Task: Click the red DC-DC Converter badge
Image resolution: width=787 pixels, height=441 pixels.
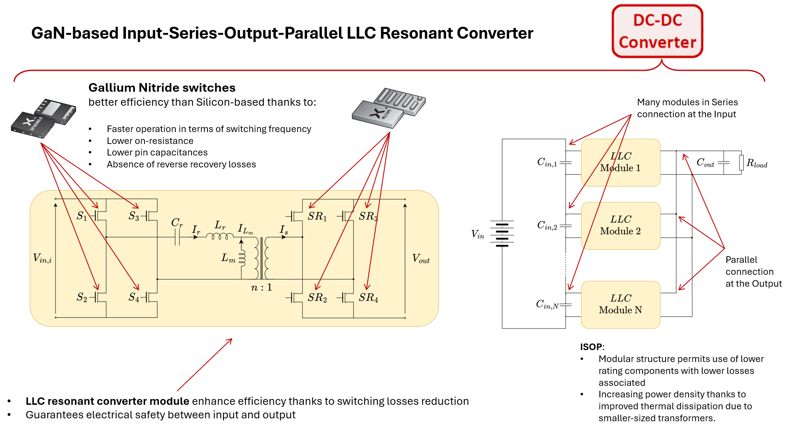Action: click(657, 31)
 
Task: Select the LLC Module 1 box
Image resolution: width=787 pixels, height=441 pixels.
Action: click(620, 162)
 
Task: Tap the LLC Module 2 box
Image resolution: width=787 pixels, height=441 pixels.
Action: click(620, 225)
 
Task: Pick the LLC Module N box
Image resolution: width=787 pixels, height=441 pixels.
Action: click(620, 304)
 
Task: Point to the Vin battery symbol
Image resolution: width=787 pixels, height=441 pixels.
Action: click(502, 234)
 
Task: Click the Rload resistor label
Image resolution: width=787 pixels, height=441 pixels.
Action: click(757, 163)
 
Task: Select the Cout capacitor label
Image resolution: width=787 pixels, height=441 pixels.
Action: click(705, 162)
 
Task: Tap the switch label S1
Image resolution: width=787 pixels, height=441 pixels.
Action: click(82, 216)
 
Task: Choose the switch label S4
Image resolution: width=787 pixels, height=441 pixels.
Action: click(134, 297)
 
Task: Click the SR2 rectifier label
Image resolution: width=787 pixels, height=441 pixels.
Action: click(317, 297)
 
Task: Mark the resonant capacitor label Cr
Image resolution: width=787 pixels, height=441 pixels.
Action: click(177, 223)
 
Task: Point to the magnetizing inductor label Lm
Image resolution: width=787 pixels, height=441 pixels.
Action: click(228, 258)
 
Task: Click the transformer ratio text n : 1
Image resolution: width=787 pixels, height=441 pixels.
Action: click(261, 288)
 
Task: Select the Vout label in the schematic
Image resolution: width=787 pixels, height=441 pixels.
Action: click(421, 259)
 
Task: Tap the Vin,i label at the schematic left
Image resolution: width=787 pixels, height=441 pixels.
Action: click(42, 258)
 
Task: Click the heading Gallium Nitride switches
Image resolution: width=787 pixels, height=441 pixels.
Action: click(162, 88)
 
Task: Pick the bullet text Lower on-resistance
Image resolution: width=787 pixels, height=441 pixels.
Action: click(150, 141)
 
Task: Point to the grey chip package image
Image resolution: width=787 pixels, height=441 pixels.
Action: click(389, 107)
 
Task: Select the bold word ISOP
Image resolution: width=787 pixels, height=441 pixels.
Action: click(591, 347)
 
